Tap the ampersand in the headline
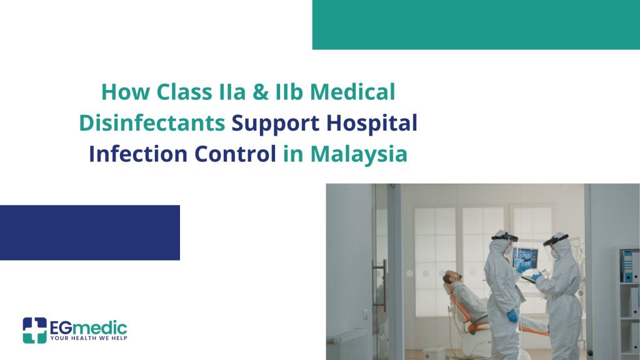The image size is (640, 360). (261, 91)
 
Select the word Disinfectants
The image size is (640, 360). (152, 122)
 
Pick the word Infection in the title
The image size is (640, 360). (138, 154)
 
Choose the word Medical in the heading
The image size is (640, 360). (352, 91)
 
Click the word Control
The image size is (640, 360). (235, 154)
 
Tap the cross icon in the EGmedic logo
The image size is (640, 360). (35, 330)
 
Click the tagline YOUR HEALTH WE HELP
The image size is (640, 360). (89, 338)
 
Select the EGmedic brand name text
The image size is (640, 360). (88, 327)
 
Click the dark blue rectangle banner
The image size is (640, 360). (90, 232)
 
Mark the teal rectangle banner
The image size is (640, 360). (476, 24)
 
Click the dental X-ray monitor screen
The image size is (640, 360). (526, 258)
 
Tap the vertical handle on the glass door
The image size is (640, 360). (384, 286)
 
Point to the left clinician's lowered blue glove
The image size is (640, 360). (512, 316)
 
